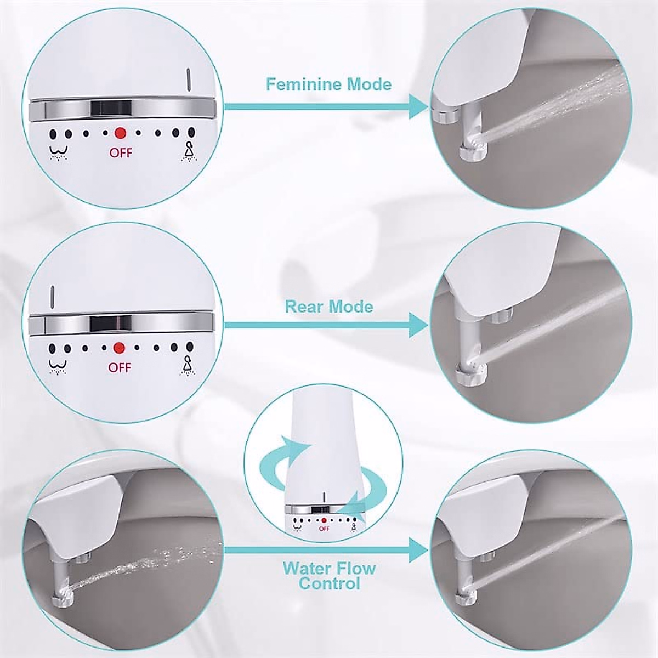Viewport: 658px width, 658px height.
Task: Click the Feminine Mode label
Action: (328, 84)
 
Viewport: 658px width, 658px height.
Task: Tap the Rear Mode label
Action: (328, 306)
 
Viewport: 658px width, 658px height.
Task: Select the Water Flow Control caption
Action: (329, 575)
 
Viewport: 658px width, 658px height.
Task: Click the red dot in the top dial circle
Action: (120, 133)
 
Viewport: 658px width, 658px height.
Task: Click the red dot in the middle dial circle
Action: (119, 348)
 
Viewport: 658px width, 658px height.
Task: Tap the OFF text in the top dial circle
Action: (121, 153)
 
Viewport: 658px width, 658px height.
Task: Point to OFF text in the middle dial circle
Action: (120, 367)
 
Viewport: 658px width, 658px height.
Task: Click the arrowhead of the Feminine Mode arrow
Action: (419, 107)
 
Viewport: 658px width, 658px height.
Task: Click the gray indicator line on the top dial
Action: (188, 81)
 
